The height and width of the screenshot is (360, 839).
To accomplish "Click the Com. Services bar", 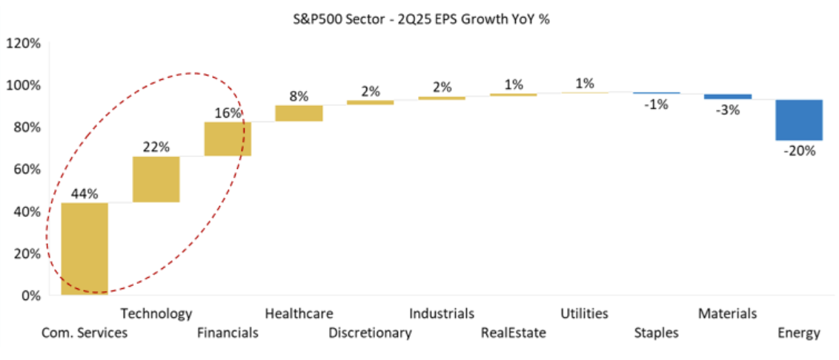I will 84,248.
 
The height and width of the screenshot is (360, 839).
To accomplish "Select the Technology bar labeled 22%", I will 156,179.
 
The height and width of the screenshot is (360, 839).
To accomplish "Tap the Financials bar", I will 228,139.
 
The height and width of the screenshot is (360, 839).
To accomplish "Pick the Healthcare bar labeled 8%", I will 299,113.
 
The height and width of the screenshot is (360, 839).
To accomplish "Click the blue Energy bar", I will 799,120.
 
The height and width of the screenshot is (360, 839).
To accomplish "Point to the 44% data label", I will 84,194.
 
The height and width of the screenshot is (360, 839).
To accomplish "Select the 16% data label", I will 228,113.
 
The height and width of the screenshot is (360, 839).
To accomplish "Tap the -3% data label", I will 728,110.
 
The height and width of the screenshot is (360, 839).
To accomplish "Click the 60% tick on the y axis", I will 27,170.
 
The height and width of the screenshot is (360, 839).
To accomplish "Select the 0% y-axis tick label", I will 30,296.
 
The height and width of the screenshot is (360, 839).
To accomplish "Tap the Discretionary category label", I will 370,333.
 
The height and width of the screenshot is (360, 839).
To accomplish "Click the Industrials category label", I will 441,314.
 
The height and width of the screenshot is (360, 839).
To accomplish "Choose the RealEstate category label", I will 513,333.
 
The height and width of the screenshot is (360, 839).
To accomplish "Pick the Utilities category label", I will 584,314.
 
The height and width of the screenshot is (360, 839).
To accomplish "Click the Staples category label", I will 656,333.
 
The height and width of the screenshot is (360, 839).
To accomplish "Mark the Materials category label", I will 727,314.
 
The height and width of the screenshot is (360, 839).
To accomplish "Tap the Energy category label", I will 798,333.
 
